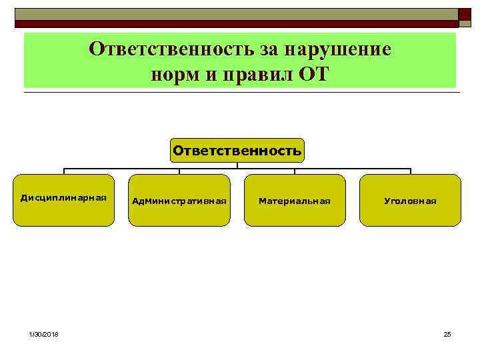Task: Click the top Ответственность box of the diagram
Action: tap(237, 151)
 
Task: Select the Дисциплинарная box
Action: tap(64, 200)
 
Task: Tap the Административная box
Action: tap(179, 200)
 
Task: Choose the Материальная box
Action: tap(295, 200)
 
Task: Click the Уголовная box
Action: tap(410, 200)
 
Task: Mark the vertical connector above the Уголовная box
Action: tap(410, 171)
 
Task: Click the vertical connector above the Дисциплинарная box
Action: tap(64, 171)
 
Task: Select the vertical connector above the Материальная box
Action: tap(295, 171)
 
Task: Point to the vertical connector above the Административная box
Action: tap(179, 171)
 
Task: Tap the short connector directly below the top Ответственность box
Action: tap(237, 164)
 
